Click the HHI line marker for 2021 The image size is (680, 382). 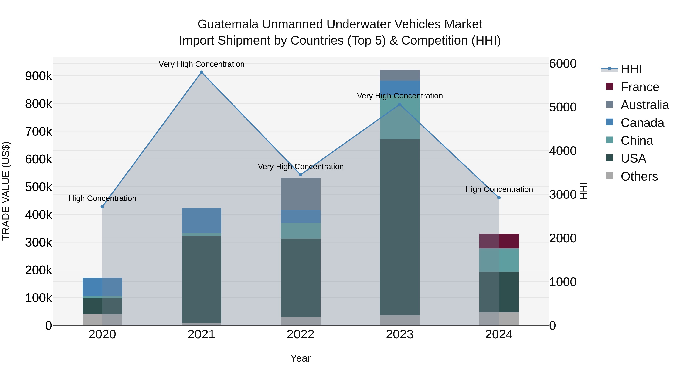(x=201, y=72)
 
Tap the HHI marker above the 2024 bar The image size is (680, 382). (x=499, y=198)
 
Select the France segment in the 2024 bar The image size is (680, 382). (x=499, y=241)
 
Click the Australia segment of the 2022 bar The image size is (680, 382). (x=300, y=194)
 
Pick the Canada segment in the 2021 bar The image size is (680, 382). (x=201, y=220)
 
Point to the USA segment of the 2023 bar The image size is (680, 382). (x=400, y=227)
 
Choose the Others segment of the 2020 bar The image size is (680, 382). (x=102, y=320)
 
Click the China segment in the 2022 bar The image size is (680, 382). (x=300, y=231)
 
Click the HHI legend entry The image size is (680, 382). (x=631, y=69)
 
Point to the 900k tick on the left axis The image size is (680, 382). (x=39, y=76)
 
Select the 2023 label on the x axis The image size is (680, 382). (x=400, y=334)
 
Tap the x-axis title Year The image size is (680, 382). (x=300, y=358)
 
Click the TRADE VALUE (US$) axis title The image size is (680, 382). (x=6, y=191)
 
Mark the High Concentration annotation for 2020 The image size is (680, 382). (x=102, y=198)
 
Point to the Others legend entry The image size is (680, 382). (x=639, y=176)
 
